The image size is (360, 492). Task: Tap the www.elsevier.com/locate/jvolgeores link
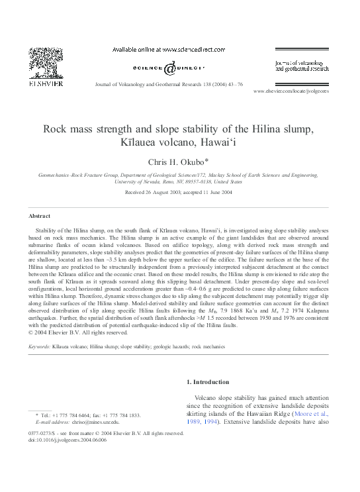coord(291,91)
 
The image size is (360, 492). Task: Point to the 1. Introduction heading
coord(210,382)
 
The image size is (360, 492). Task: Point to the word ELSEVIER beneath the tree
coord(45,84)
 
